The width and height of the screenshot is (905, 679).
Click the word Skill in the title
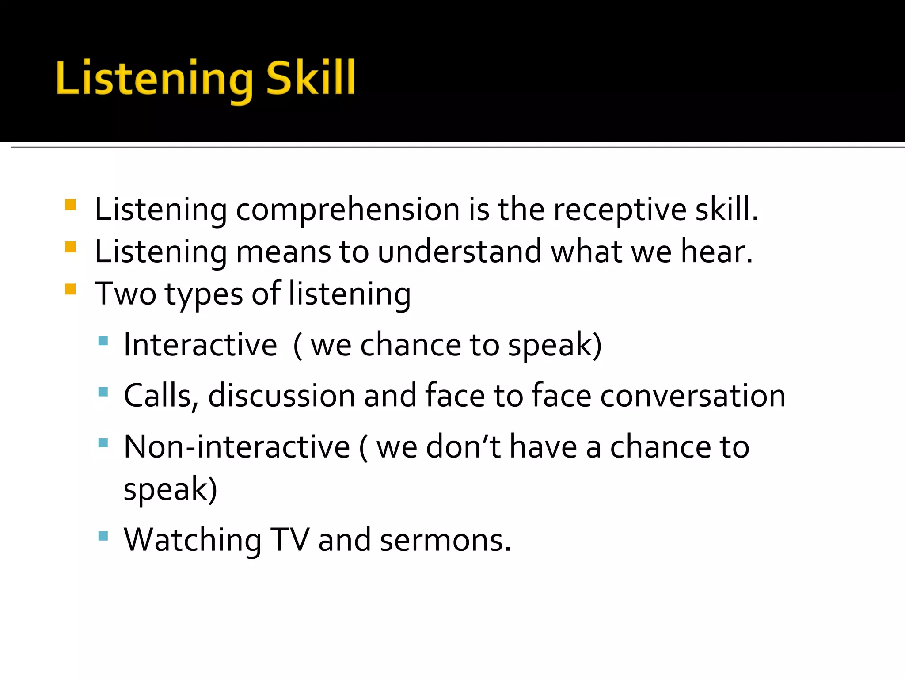click(x=311, y=79)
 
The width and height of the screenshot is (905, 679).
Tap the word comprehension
click(x=348, y=210)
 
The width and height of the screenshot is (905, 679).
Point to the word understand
click(x=460, y=252)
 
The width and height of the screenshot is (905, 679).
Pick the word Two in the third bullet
click(x=125, y=294)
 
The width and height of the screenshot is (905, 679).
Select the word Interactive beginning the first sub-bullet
click(x=200, y=344)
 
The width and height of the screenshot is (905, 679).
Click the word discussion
click(x=281, y=395)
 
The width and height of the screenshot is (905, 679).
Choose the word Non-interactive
click(x=237, y=446)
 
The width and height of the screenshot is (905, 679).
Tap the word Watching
click(x=193, y=540)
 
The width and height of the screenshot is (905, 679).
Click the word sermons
click(x=445, y=540)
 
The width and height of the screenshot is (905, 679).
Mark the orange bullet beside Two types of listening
click(x=70, y=289)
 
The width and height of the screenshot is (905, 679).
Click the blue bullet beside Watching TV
click(x=103, y=536)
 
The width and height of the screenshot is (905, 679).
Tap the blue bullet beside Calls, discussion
click(x=103, y=392)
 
